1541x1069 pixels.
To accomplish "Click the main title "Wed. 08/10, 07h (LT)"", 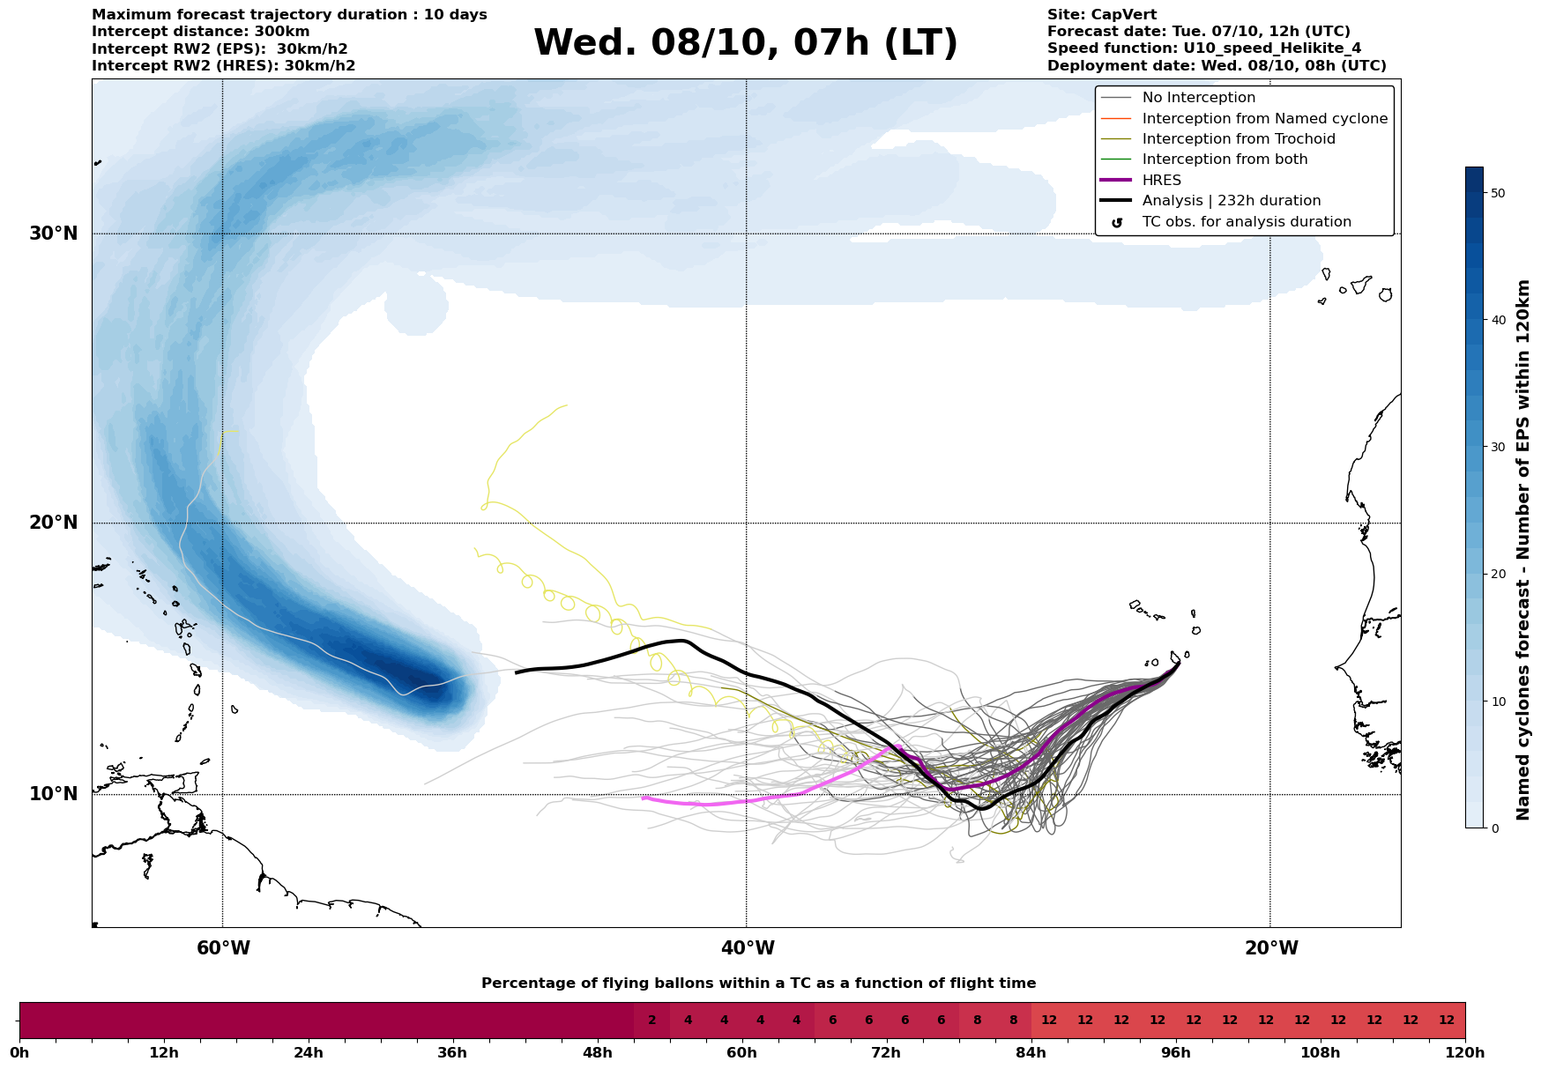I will click(x=745, y=42).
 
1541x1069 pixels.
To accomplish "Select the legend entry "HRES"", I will click(x=1161, y=181).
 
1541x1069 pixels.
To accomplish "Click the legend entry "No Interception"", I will click(x=1198, y=98).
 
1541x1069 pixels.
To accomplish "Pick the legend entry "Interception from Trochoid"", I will click(x=1238, y=139).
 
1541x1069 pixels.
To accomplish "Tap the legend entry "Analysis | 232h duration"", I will click(x=1231, y=201).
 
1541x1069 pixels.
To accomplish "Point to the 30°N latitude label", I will click(x=54, y=234).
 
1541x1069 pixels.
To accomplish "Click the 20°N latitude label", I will click(x=54, y=523).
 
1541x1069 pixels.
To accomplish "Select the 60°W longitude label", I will click(x=223, y=948).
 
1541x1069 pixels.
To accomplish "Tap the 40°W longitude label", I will click(x=748, y=948).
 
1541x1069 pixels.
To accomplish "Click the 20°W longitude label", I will click(x=1271, y=948).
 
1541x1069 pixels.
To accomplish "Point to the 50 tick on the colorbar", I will click(x=1497, y=193).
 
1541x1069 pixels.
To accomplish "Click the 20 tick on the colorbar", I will click(x=1497, y=575).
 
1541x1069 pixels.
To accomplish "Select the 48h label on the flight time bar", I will click(x=597, y=1053).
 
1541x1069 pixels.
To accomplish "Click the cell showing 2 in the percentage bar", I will click(x=651, y=1021).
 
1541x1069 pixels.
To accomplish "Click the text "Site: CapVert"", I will click(x=1102, y=15).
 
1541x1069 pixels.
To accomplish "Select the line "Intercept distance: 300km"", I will click(x=200, y=32).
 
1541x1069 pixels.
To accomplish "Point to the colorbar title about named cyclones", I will click(x=1522, y=550).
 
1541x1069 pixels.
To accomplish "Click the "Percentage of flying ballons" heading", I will click(x=758, y=984).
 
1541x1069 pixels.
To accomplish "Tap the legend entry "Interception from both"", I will click(x=1225, y=160).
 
